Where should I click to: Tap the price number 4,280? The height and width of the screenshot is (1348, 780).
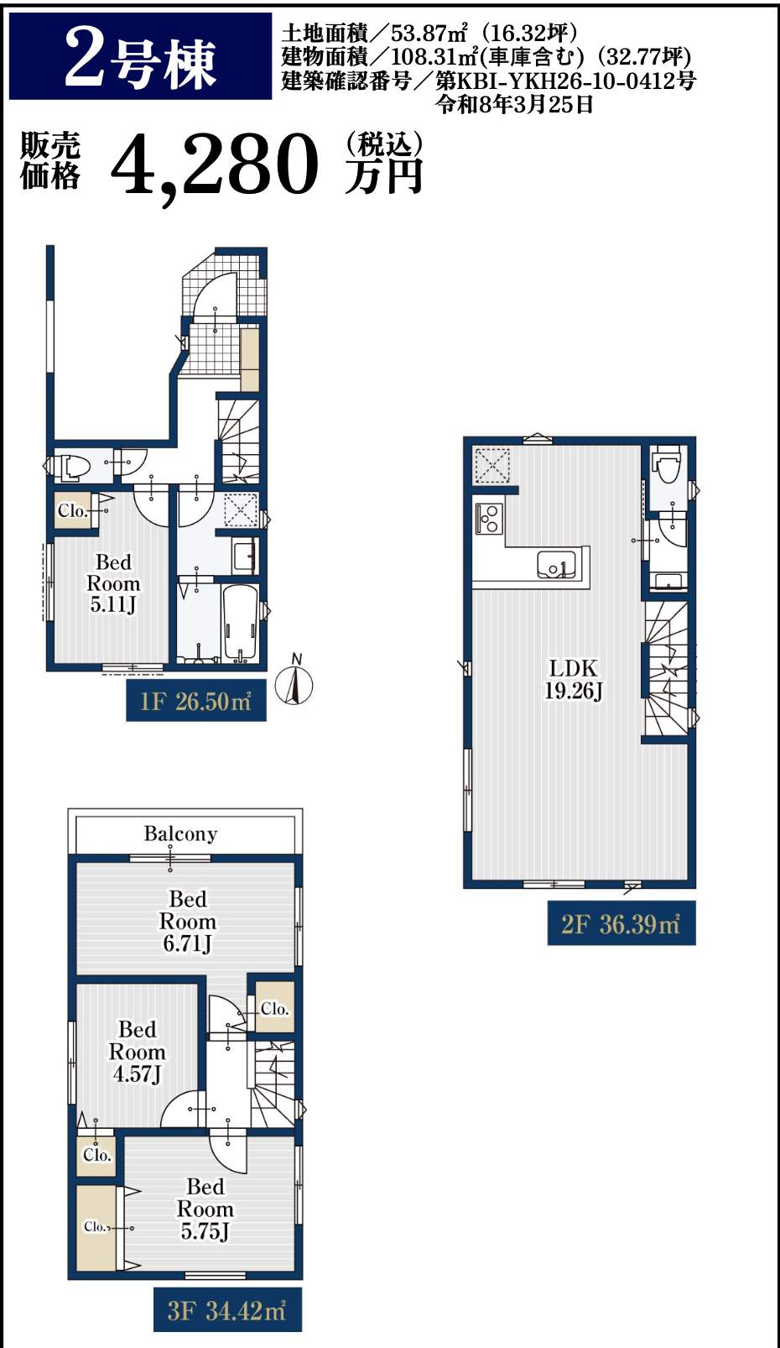coord(215,165)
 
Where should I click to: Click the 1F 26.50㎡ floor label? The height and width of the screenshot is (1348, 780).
coord(195,702)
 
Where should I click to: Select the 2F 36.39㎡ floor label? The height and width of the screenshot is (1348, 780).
coord(621,924)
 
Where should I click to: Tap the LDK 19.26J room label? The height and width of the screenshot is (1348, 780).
coord(573,679)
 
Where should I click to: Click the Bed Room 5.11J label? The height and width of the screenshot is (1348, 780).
coord(113,583)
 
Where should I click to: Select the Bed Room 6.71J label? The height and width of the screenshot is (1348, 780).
coord(188,922)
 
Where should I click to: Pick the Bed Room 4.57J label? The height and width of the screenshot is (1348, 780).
coord(137,1052)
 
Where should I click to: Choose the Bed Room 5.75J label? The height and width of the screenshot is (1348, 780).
coord(205,1209)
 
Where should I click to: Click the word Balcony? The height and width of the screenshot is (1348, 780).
coord(180,834)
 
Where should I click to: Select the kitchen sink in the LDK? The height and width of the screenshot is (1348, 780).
coord(556,565)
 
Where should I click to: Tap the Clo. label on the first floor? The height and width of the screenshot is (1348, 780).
coord(73,511)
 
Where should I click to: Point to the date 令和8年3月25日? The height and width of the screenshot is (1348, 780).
coord(516,105)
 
